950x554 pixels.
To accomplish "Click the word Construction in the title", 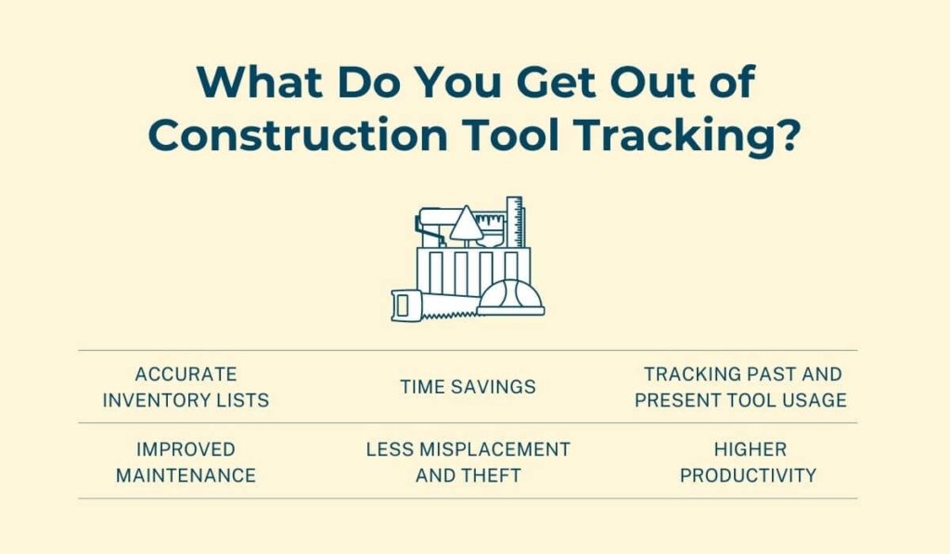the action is pyautogui.click(x=298, y=135).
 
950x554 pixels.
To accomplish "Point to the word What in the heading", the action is pyautogui.click(x=260, y=82).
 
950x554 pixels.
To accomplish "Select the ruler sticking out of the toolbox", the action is pyautogui.click(x=515, y=222).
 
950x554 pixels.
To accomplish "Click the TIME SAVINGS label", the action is pyautogui.click(x=468, y=387).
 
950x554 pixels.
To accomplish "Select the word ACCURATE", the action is pyautogui.click(x=186, y=374).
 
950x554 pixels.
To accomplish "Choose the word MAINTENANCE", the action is pyautogui.click(x=186, y=475).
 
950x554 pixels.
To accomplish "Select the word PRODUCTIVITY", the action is pyautogui.click(x=748, y=475).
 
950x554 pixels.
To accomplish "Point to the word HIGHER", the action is pyautogui.click(x=750, y=449).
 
